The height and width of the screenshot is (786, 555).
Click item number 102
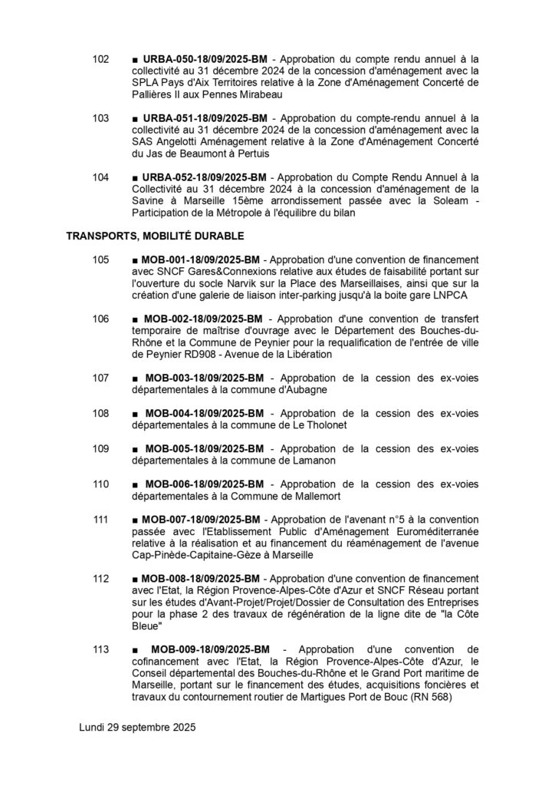point(100,58)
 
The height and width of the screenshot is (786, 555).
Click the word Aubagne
point(305,390)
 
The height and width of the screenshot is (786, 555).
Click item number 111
point(100,520)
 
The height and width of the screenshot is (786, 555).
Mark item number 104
point(100,177)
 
